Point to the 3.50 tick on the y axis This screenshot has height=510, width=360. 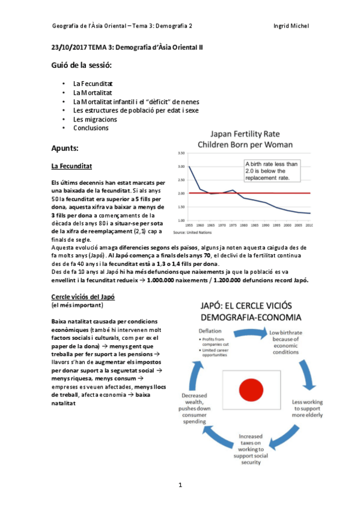pyautogui.click(x=181, y=153)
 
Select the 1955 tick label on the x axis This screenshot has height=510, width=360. pyautogui.click(x=189, y=225)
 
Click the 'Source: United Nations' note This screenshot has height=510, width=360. pyautogui.click(x=193, y=232)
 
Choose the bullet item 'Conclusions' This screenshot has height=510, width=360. pyautogui.click(x=91, y=128)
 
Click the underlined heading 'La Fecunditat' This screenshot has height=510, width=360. pyautogui.click(x=72, y=165)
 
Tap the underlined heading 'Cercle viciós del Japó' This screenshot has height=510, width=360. pyautogui.click(x=83, y=297)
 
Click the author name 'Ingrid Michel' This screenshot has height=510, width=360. pyautogui.click(x=291, y=26)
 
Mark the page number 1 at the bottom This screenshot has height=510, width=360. pyautogui.click(x=180, y=484)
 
